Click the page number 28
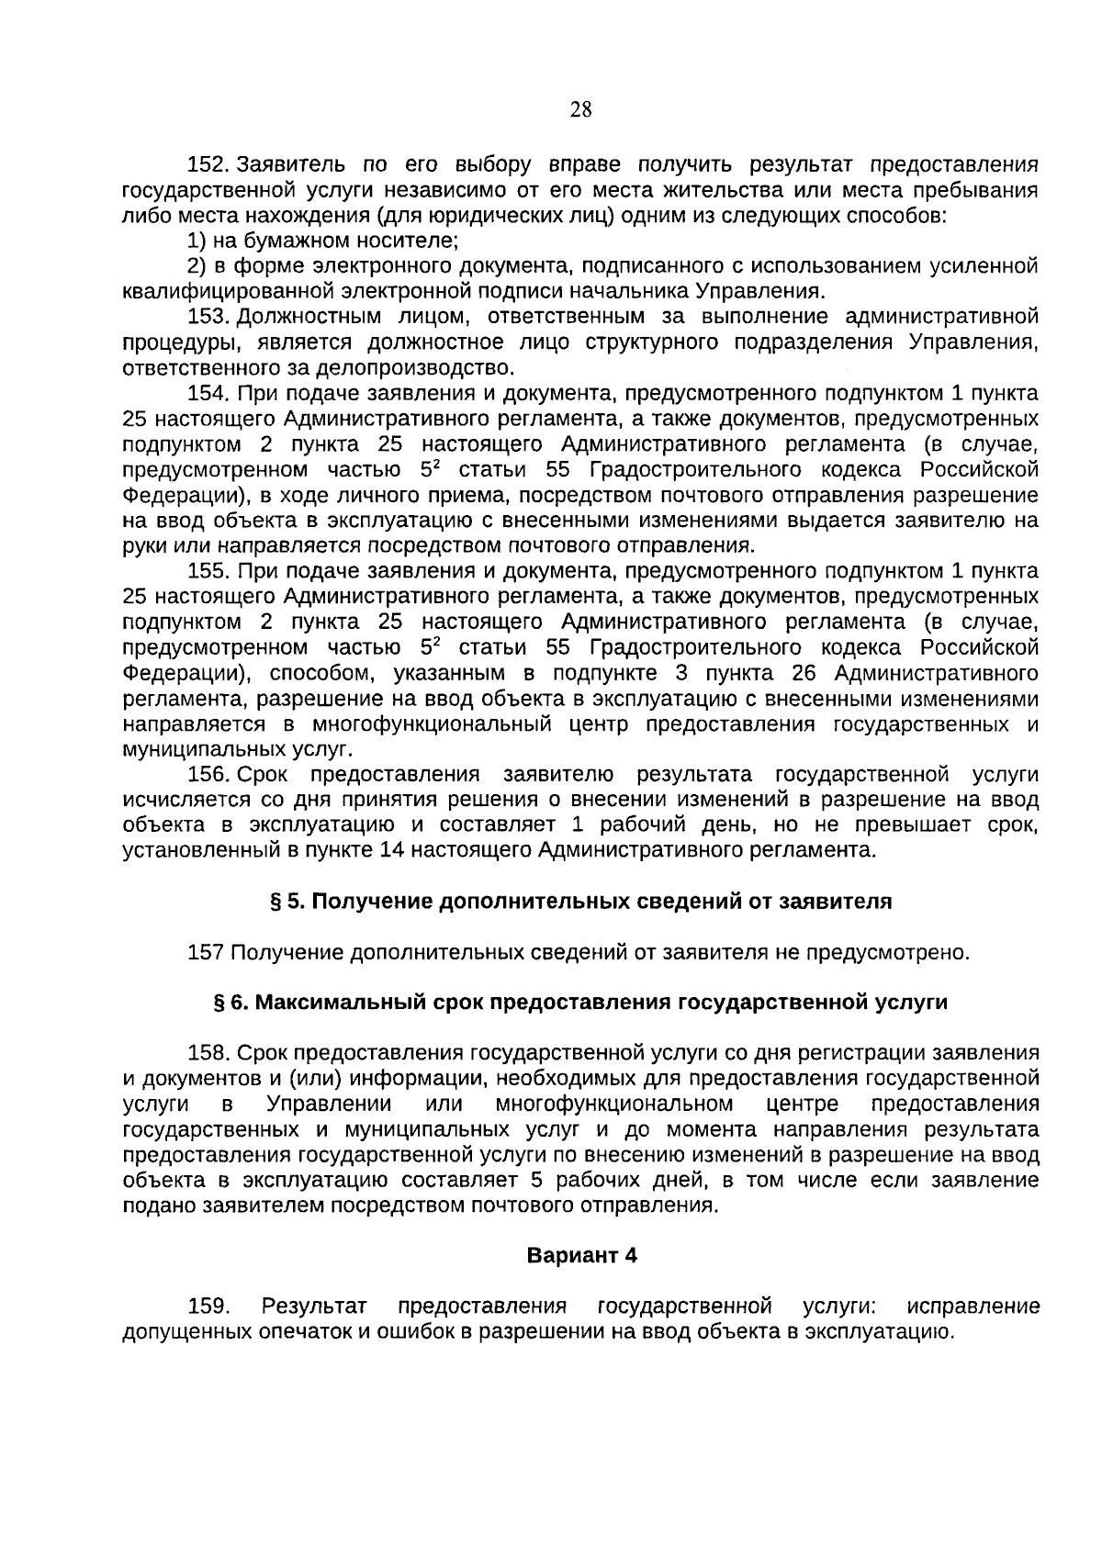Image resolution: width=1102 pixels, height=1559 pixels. pos(580,110)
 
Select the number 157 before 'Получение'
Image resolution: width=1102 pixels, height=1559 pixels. pos(206,952)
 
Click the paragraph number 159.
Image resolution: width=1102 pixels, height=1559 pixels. pos(209,1306)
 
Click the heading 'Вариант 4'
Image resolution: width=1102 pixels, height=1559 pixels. pos(581,1255)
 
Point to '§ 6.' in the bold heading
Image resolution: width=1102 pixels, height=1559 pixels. pos(231,1003)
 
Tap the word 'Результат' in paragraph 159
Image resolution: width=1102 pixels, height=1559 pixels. pos(314,1306)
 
